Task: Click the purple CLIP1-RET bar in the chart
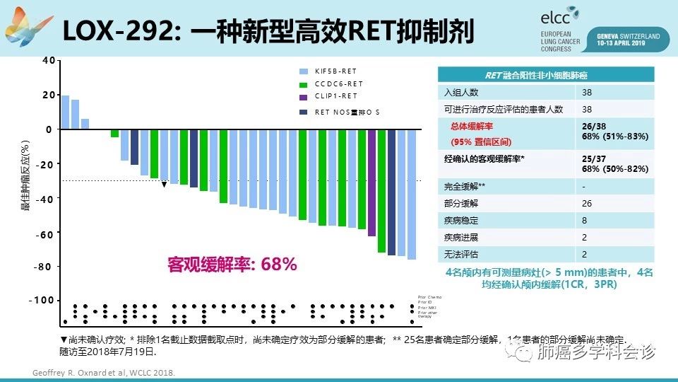371,183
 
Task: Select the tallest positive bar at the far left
65,112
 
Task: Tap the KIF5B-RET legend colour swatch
304,71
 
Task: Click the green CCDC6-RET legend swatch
304,84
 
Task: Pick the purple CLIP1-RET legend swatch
304,97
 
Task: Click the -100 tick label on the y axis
43,301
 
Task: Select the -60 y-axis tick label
45,235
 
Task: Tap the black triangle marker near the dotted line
164,185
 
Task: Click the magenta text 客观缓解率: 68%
232,265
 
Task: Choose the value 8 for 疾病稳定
584,221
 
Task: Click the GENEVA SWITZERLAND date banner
628,38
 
